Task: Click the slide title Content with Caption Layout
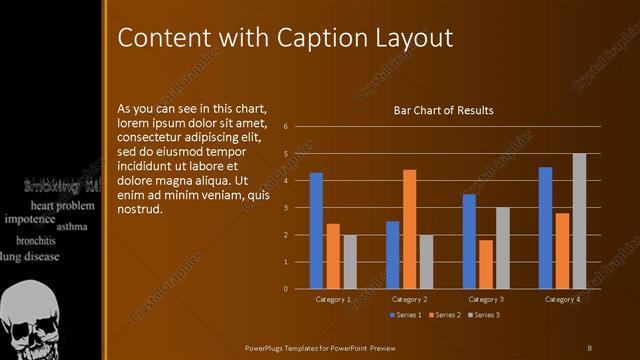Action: click(285, 38)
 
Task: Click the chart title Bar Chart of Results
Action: click(444, 110)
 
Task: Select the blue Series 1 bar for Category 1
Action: click(316, 230)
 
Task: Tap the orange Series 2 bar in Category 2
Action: click(409, 229)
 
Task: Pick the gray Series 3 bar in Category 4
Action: click(579, 221)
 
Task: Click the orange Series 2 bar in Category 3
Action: click(486, 264)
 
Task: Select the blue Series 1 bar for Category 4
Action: click(545, 228)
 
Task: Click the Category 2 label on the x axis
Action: click(409, 300)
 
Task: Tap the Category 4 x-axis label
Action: click(562, 300)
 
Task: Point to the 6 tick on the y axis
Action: click(286, 127)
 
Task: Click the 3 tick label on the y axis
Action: click(286, 208)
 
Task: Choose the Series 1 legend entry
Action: click(404, 315)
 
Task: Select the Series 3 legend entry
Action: click(484, 315)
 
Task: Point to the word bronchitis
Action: click(36, 241)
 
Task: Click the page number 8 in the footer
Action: click(590, 347)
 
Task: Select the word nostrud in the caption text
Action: click(139, 211)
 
